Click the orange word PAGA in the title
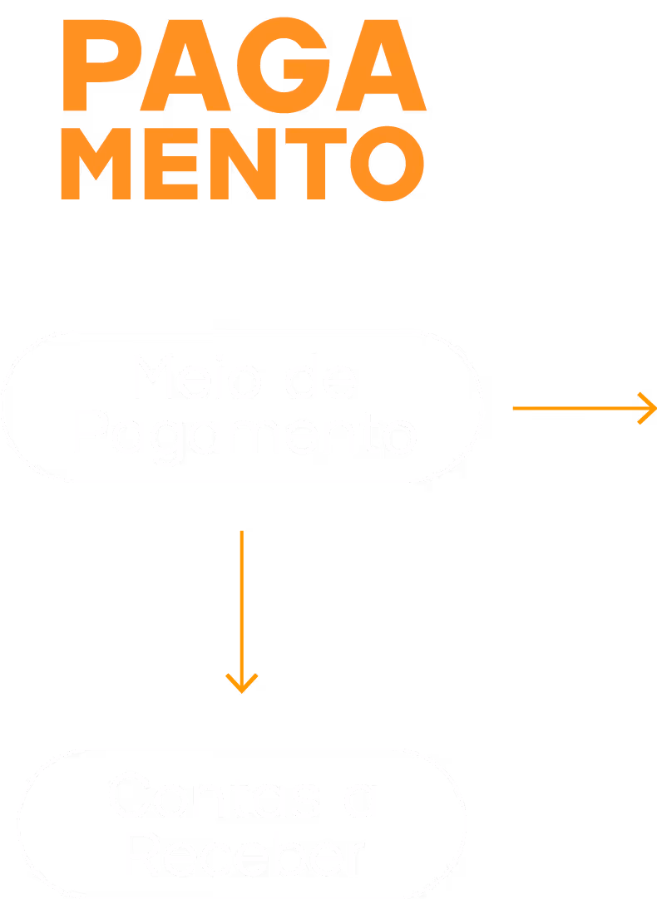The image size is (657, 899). pos(244,68)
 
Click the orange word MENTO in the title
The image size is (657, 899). pos(243,165)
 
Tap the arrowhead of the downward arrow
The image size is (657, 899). pos(242,684)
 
